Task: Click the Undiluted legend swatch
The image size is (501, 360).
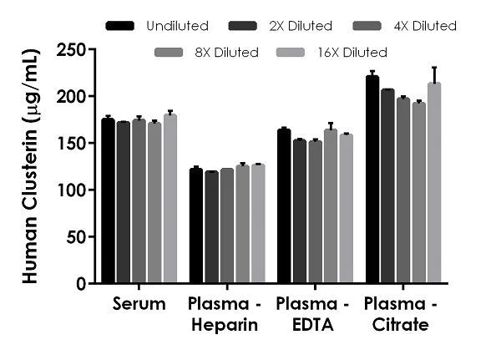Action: pyautogui.click(x=121, y=26)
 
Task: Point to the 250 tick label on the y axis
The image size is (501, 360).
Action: pyautogui.click(x=73, y=50)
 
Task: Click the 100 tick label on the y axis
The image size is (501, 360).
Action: pyautogui.click(x=73, y=190)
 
